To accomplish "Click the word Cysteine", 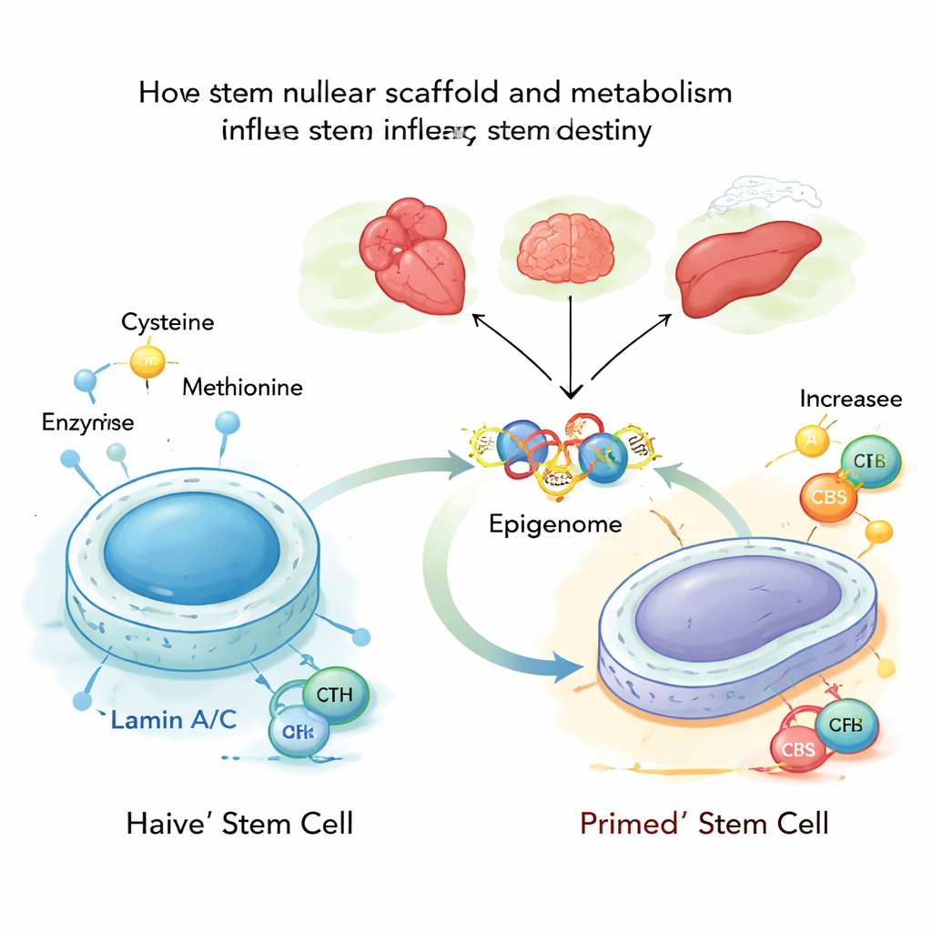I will [x=167, y=322].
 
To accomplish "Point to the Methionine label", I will [x=242, y=388].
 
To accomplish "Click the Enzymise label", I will [x=87, y=421].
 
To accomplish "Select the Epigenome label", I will [x=555, y=524].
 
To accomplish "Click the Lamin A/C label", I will [x=174, y=721].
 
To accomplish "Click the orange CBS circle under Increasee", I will [x=829, y=499].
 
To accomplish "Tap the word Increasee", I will [x=851, y=399].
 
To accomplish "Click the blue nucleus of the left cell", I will [x=192, y=550].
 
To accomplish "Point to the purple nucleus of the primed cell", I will [x=738, y=606].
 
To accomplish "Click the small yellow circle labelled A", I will [x=812, y=441].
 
